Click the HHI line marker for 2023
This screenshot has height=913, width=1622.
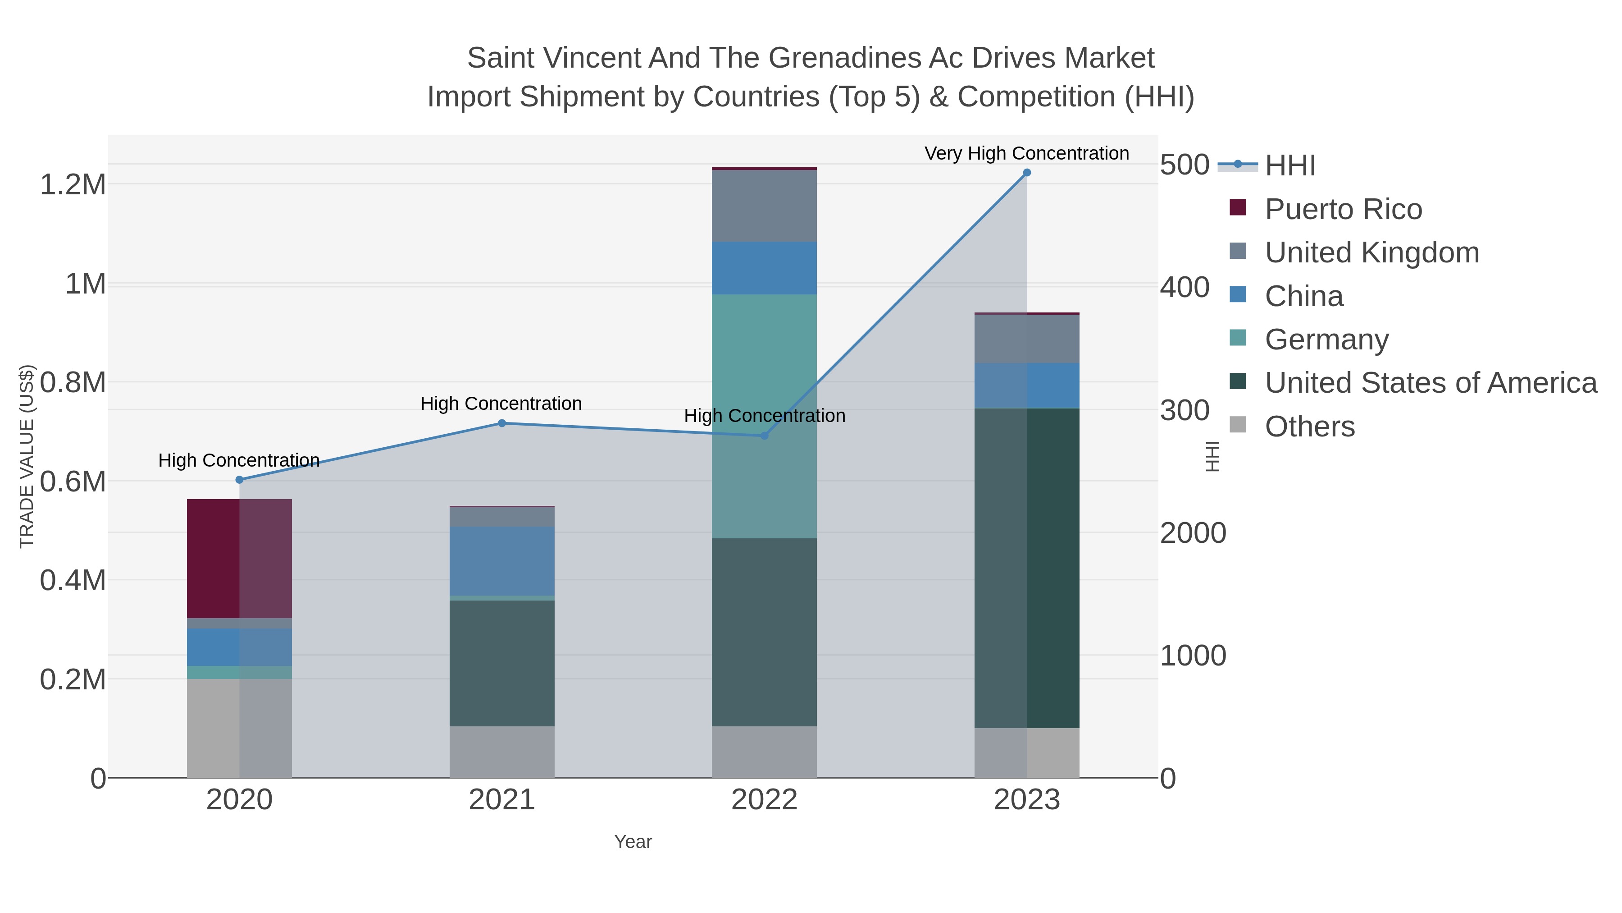[1026, 173]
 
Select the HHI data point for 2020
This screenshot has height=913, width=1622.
[239, 480]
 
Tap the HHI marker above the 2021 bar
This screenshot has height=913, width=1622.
[502, 423]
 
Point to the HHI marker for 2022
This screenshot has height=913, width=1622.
[765, 436]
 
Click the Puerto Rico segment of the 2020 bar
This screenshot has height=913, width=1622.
[239, 558]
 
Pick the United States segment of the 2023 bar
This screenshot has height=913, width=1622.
[1026, 567]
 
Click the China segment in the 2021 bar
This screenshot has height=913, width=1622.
[502, 561]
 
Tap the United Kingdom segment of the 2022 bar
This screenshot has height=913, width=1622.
[765, 206]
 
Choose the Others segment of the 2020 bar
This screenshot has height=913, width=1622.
[239, 728]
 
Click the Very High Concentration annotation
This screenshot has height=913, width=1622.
[1026, 154]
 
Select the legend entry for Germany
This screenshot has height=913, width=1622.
[1327, 340]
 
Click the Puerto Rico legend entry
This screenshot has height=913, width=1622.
[1343, 209]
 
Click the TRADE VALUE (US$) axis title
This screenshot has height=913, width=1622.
[27, 456]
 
